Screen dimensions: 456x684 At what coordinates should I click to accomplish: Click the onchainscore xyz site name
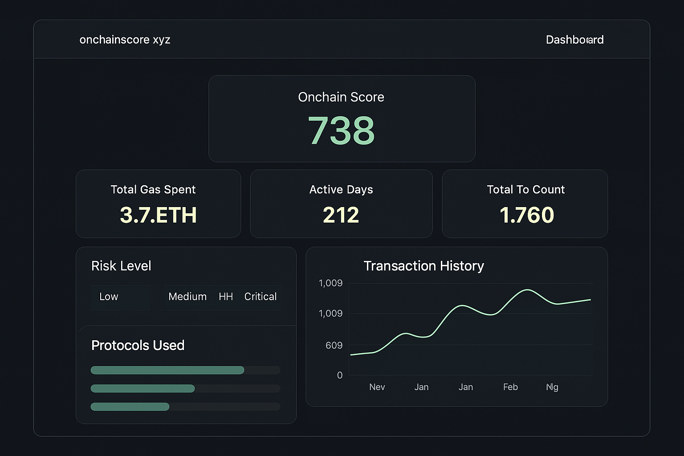point(125,40)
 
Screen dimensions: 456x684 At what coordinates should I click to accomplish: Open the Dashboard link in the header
point(574,40)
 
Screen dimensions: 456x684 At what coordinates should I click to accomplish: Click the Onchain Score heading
point(341,97)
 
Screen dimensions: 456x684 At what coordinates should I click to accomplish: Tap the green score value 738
point(341,130)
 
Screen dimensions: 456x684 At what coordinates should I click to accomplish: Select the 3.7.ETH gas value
point(158,215)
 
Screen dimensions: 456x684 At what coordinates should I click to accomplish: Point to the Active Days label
point(341,190)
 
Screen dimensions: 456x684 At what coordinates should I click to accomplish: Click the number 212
point(341,215)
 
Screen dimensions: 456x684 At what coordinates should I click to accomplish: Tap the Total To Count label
point(525,190)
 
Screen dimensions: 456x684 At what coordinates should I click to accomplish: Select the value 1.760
point(527,215)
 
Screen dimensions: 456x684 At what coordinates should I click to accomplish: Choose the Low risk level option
point(109,297)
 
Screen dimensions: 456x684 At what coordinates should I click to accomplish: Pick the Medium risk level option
point(187,297)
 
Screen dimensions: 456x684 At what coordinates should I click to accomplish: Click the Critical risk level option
point(261,297)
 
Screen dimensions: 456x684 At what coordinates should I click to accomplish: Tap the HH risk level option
point(226,297)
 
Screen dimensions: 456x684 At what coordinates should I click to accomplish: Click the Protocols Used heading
point(138,346)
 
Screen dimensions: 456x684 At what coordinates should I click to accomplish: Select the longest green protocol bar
point(167,370)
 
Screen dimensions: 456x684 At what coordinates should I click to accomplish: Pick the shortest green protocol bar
point(130,407)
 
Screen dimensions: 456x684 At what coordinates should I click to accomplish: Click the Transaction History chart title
point(423,266)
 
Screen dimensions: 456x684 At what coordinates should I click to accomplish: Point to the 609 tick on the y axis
point(334,346)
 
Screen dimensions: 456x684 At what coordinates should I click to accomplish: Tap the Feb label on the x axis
point(510,387)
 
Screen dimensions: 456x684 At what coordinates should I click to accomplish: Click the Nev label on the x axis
point(377,387)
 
